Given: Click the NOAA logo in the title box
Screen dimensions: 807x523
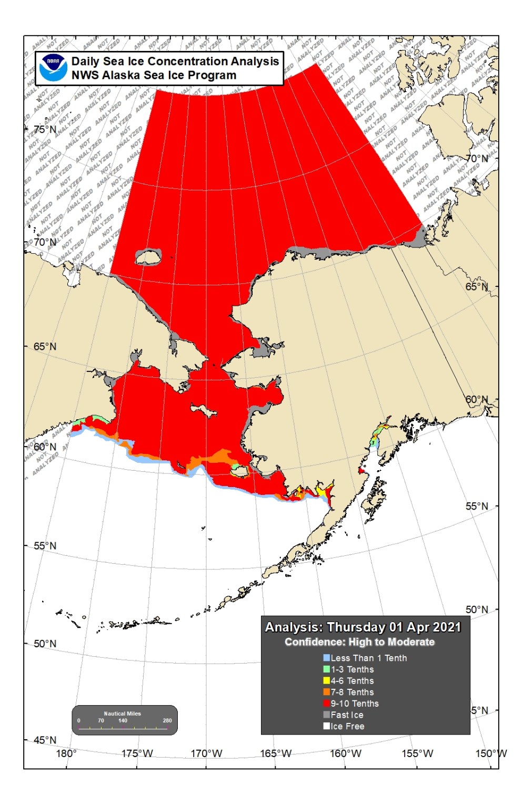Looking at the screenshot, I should (x=53, y=68).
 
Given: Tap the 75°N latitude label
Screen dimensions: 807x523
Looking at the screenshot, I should (x=45, y=129).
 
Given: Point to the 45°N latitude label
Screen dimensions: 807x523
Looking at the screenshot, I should (x=45, y=740).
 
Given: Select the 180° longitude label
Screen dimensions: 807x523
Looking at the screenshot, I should (x=66, y=753).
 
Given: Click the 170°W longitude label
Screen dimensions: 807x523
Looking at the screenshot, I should (x=206, y=753).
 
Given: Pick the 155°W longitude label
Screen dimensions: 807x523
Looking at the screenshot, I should (x=417, y=753).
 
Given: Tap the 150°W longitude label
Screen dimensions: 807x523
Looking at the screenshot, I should (x=490, y=753).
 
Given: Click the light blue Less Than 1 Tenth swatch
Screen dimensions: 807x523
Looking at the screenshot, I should (x=326, y=658).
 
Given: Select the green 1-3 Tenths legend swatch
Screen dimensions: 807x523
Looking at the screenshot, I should (x=326, y=669).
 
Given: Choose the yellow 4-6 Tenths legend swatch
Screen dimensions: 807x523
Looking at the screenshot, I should (x=326, y=681).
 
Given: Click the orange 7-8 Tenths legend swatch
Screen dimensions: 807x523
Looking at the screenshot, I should (x=326, y=692).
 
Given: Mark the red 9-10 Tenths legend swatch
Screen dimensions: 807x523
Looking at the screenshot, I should (x=326, y=703).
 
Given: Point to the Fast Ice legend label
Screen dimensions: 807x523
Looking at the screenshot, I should (x=347, y=715).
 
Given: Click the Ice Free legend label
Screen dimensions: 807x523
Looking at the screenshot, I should (x=347, y=727).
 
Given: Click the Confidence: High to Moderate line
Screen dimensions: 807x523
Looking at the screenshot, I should (x=359, y=642).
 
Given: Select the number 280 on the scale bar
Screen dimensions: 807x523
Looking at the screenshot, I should (x=167, y=720).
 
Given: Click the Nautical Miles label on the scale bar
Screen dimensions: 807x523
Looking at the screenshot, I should (x=122, y=713).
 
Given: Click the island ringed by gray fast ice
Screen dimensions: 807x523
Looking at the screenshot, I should (x=149, y=257).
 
